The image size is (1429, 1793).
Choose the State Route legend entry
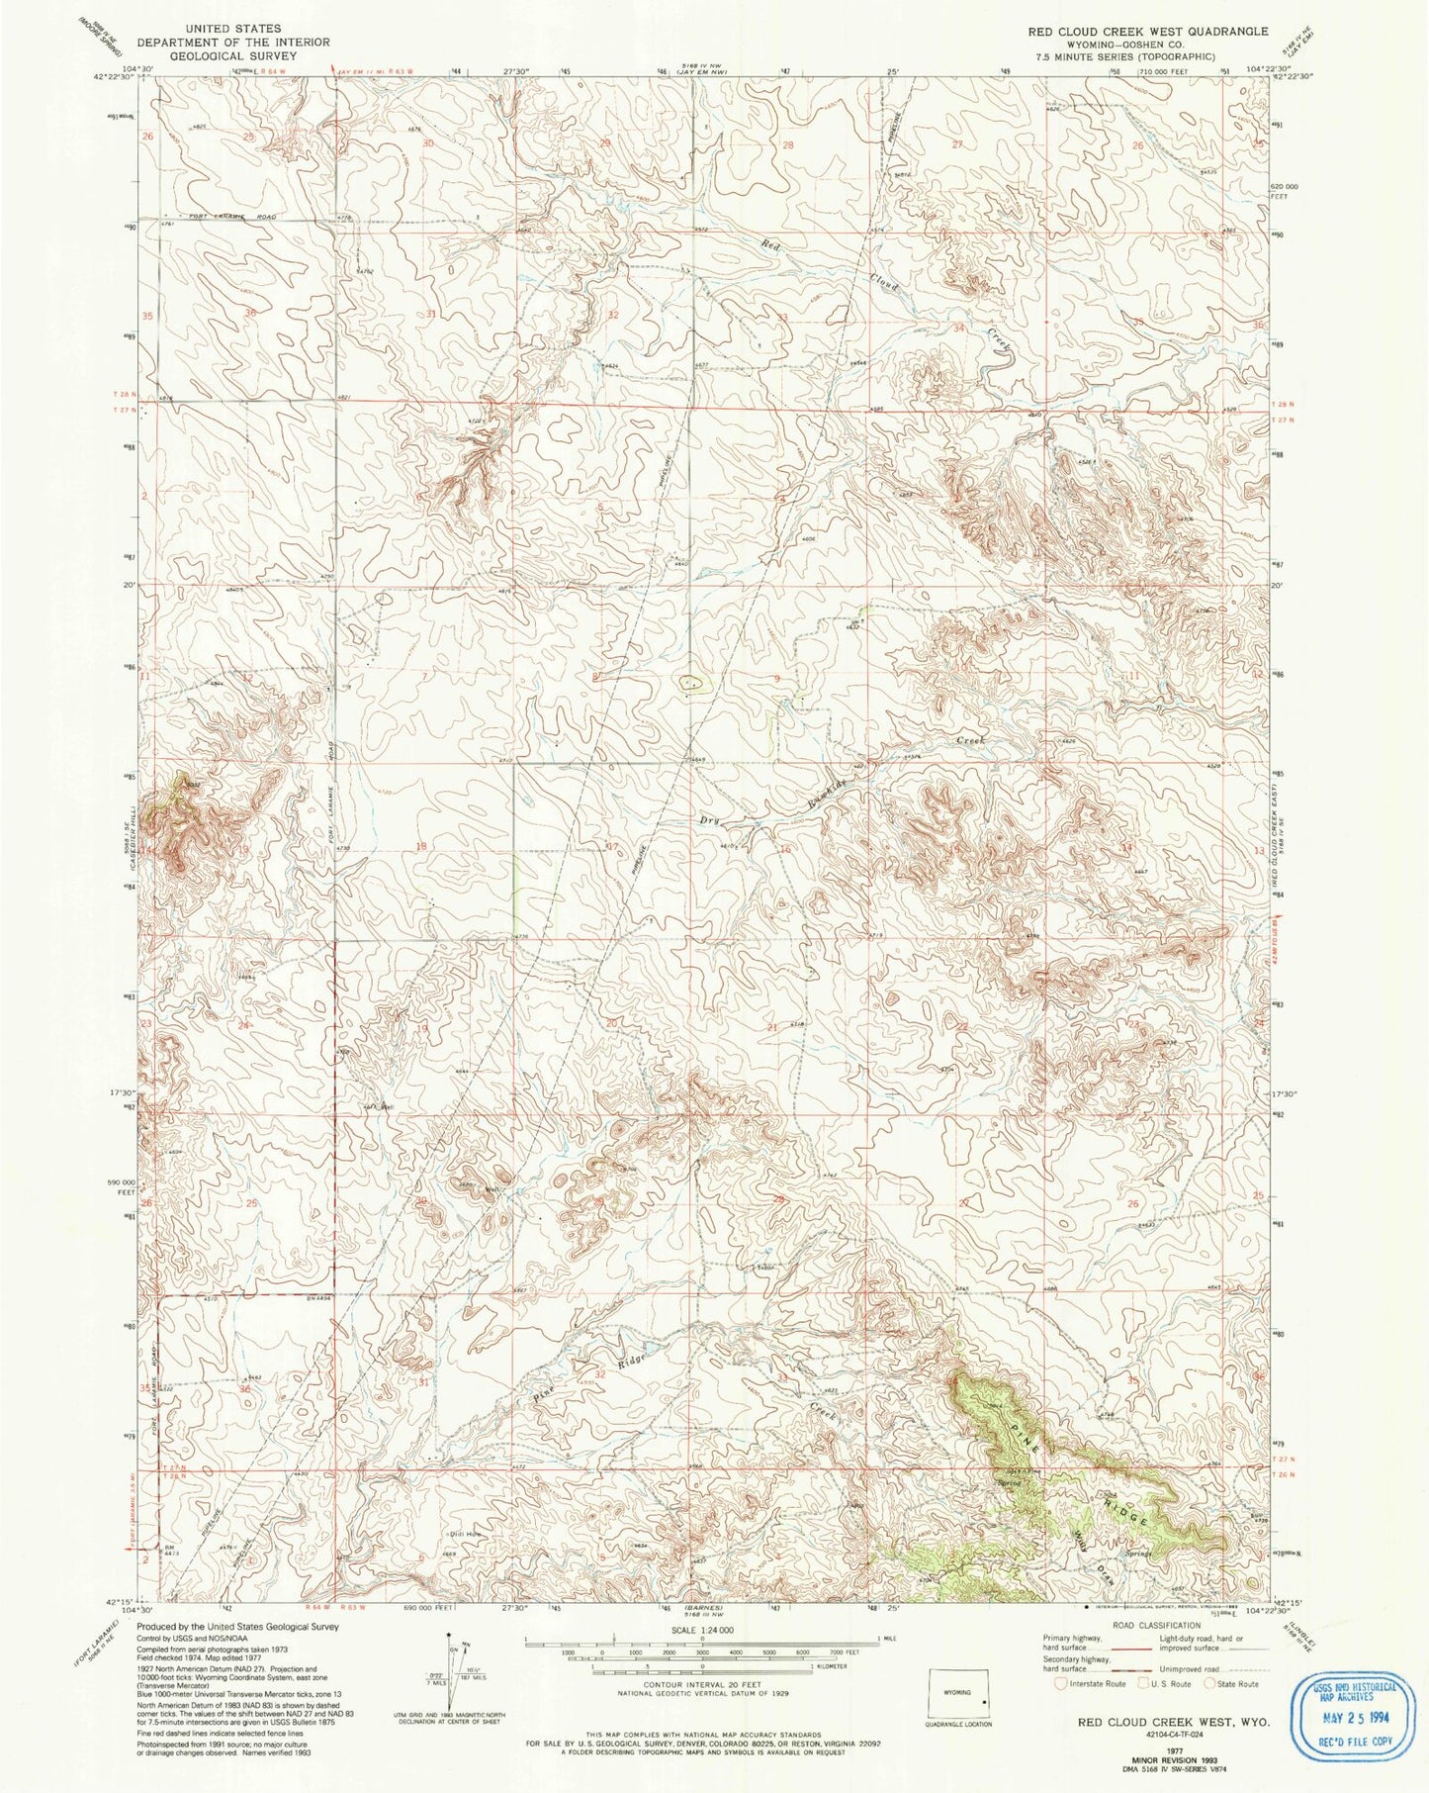coord(1236,1683)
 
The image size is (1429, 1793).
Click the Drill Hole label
coord(465,1535)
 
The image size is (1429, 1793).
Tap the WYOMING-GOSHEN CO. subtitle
coord(1147,45)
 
